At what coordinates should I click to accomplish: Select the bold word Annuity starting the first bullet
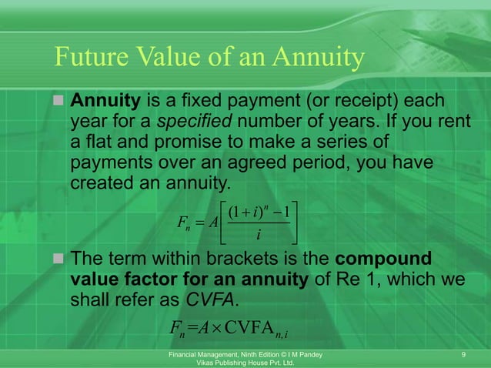tap(105, 101)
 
